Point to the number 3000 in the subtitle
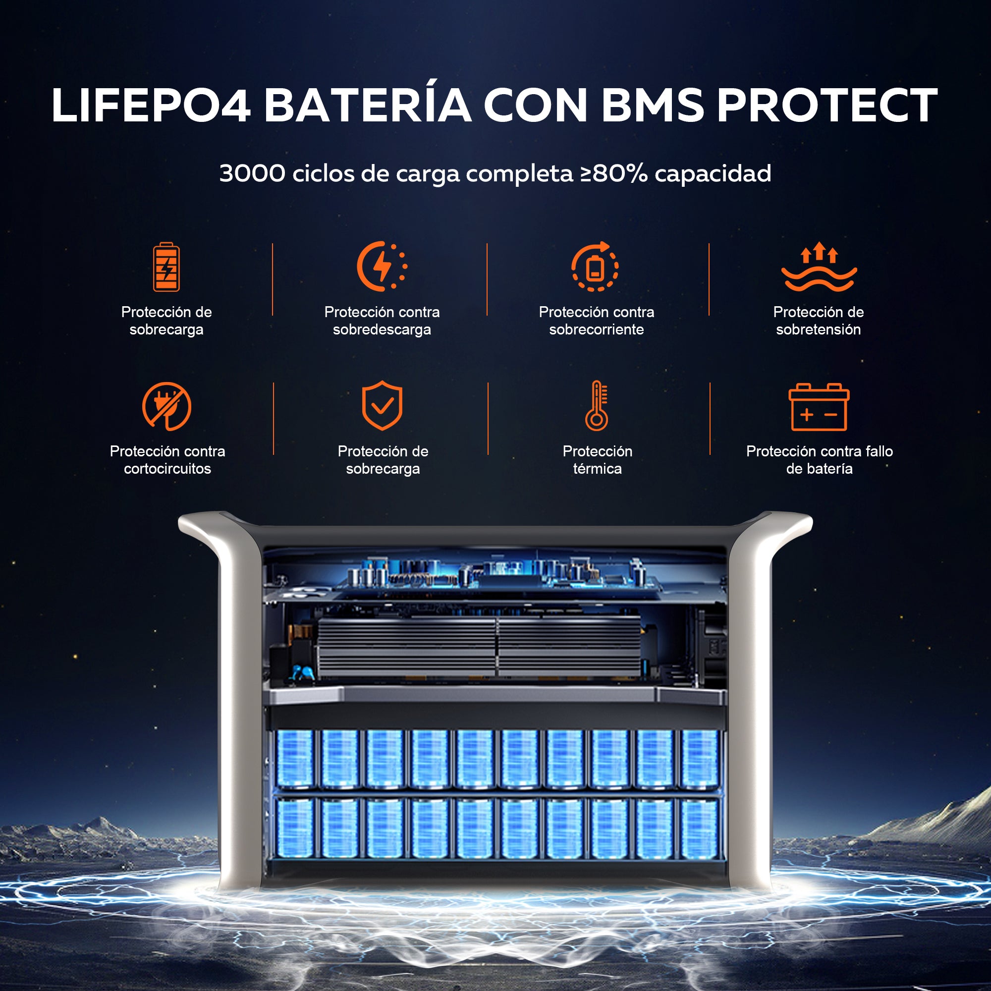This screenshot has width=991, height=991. coord(252,173)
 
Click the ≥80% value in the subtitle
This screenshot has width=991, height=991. coord(614,173)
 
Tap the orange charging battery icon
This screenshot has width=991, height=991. coord(166,267)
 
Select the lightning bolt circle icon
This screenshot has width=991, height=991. coord(382,266)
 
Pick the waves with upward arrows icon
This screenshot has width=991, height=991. coord(819,267)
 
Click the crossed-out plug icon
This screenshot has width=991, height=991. coord(166,406)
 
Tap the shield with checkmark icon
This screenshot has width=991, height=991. coord(382,405)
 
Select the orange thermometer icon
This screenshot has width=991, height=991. coord(597,405)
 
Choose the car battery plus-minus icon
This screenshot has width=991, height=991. coord(819,407)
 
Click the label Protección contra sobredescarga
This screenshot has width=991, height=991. coord(382,321)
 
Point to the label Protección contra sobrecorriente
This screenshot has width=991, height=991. coord(596,321)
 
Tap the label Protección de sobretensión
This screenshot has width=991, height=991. coord(818,321)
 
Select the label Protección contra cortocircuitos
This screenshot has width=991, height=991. coord(167,460)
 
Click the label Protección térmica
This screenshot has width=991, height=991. coord(597,460)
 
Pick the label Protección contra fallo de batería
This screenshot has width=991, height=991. coord(819,460)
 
